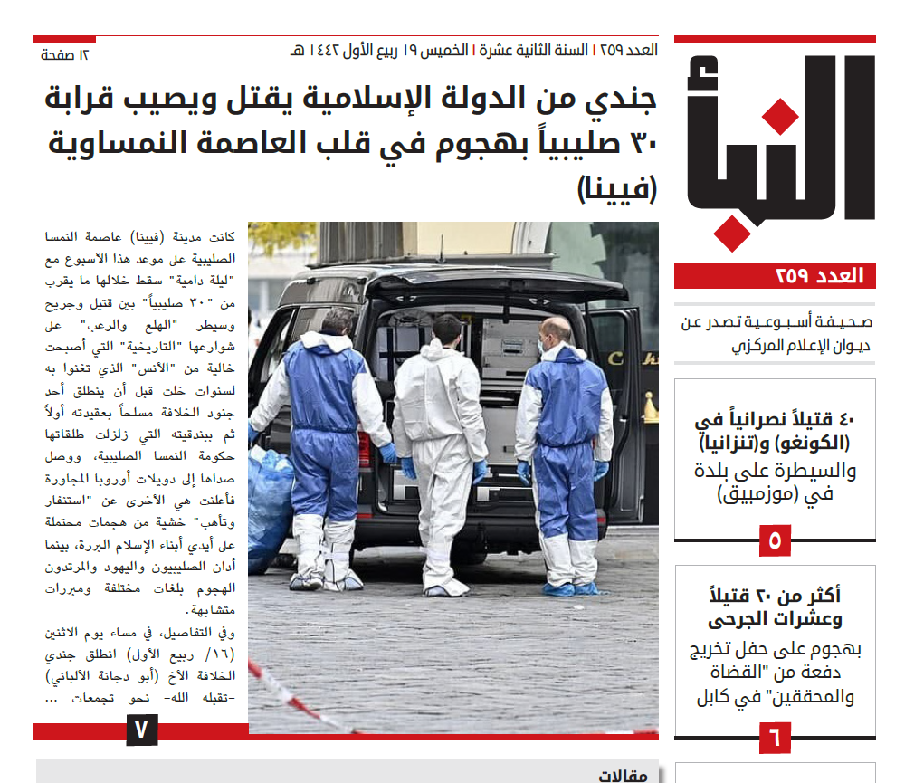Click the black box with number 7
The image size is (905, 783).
click(x=142, y=729)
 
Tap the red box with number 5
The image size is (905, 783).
click(x=775, y=540)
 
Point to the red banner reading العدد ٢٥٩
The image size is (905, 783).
click(x=775, y=276)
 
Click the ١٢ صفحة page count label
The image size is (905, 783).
click(x=65, y=55)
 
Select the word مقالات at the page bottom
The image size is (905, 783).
click(x=624, y=775)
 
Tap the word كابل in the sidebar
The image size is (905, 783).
click(x=715, y=698)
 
